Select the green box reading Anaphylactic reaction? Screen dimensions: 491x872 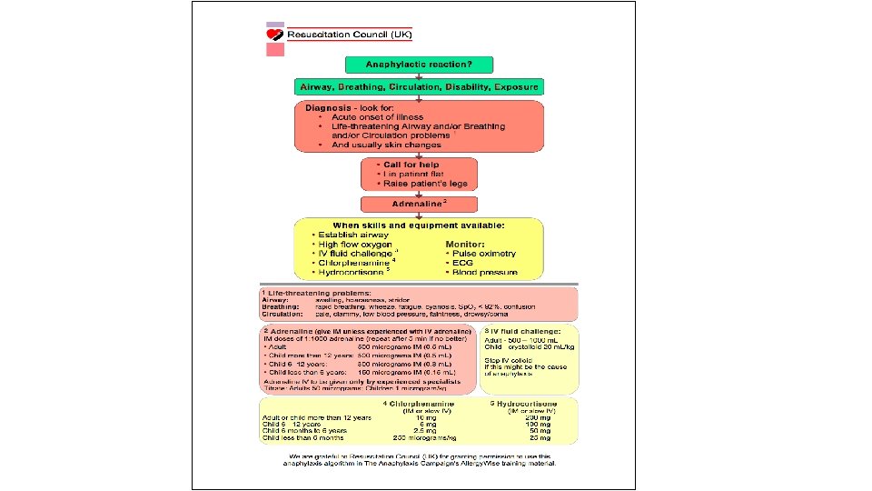coord(419,65)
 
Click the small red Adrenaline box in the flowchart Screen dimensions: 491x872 coord(418,205)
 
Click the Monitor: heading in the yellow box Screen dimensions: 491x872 coord(464,244)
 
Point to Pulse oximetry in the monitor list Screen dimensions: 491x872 coord(482,254)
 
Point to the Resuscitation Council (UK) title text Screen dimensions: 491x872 coord(350,35)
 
